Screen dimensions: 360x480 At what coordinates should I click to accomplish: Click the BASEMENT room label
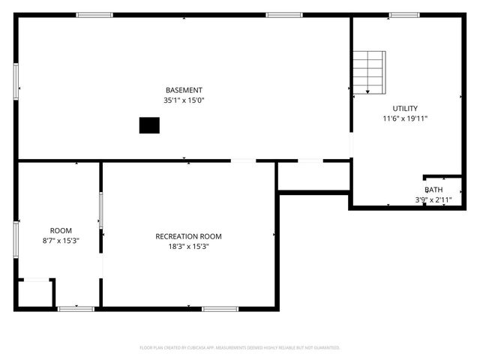[x=184, y=90]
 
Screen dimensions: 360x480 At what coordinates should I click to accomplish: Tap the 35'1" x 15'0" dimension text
[x=184, y=100]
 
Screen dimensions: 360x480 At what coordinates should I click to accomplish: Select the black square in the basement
[x=149, y=125]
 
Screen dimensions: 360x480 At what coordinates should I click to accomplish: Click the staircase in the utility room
[x=369, y=72]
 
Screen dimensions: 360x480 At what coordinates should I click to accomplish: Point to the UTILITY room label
[x=405, y=108]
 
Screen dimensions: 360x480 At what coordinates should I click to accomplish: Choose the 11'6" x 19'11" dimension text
[x=405, y=118]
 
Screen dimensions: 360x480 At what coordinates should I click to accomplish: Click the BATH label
[x=433, y=190]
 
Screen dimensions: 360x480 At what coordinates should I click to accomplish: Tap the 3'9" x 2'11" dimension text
[x=433, y=199]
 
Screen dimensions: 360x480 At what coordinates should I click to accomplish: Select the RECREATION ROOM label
[x=188, y=236]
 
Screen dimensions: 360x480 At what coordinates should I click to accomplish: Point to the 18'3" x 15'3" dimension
[x=188, y=246]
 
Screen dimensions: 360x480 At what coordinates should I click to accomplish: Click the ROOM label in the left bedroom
[x=61, y=230]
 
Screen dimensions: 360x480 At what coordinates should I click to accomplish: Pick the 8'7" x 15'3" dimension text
[x=61, y=241]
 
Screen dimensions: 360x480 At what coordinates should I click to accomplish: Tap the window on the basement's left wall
[x=16, y=81]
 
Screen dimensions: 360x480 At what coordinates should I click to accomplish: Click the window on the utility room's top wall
[x=404, y=15]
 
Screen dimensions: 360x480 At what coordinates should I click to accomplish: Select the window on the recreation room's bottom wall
[x=220, y=308]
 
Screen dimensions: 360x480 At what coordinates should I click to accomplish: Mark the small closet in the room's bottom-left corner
[x=34, y=293]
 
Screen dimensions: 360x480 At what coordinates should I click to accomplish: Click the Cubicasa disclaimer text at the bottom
[x=240, y=347]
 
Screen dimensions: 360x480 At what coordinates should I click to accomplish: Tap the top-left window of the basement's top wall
[x=94, y=15]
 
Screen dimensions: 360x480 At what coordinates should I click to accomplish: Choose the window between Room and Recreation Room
[x=100, y=210]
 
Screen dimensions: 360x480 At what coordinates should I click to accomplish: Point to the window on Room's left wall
[x=16, y=240]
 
